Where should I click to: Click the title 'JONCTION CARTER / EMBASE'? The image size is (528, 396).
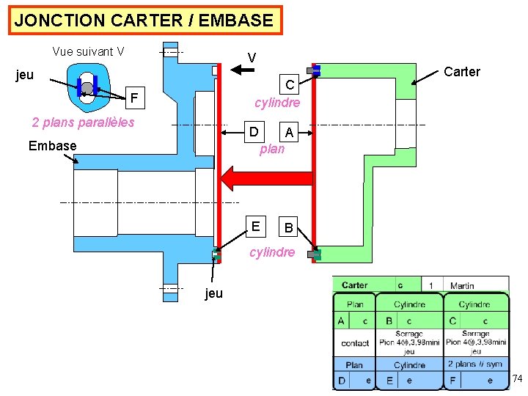pyautogui.click(x=144, y=20)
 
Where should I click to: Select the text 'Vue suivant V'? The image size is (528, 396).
pyautogui.click(x=88, y=51)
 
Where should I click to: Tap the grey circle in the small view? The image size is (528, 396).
pyautogui.click(x=87, y=88)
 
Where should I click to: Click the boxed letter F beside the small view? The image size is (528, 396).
pyautogui.click(x=133, y=98)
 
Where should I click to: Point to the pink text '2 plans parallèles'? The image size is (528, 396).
pyautogui.click(x=83, y=122)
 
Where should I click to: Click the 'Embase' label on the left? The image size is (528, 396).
pyautogui.click(x=52, y=145)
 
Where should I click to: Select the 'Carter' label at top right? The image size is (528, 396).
pyautogui.click(x=462, y=71)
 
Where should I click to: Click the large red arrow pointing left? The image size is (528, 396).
pyautogui.click(x=257, y=178)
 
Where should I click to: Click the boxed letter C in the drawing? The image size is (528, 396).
pyautogui.click(x=290, y=85)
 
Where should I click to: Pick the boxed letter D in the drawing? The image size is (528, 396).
pyautogui.click(x=254, y=132)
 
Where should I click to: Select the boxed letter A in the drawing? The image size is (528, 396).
pyautogui.click(x=290, y=133)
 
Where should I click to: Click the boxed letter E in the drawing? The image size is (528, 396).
pyautogui.click(x=254, y=227)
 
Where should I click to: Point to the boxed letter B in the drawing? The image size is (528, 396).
pyautogui.click(x=289, y=228)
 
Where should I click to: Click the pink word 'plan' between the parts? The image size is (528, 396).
pyautogui.click(x=272, y=149)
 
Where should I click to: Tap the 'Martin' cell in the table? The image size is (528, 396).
pyautogui.click(x=462, y=285)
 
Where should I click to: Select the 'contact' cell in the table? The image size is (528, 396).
pyautogui.click(x=355, y=342)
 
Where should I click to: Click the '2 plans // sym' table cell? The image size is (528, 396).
pyautogui.click(x=475, y=364)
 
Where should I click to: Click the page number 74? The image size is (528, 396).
pyautogui.click(x=517, y=378)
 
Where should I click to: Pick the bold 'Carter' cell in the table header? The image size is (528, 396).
pyautogui.click(x=355, y=285)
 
